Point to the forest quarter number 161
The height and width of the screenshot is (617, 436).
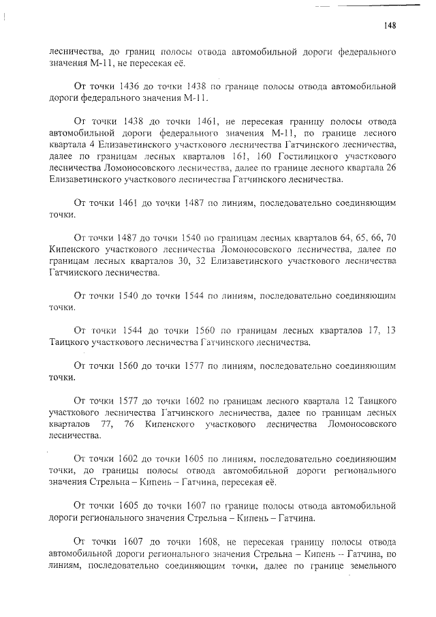(236, 155)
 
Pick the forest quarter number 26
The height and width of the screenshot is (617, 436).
(391, 168)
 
